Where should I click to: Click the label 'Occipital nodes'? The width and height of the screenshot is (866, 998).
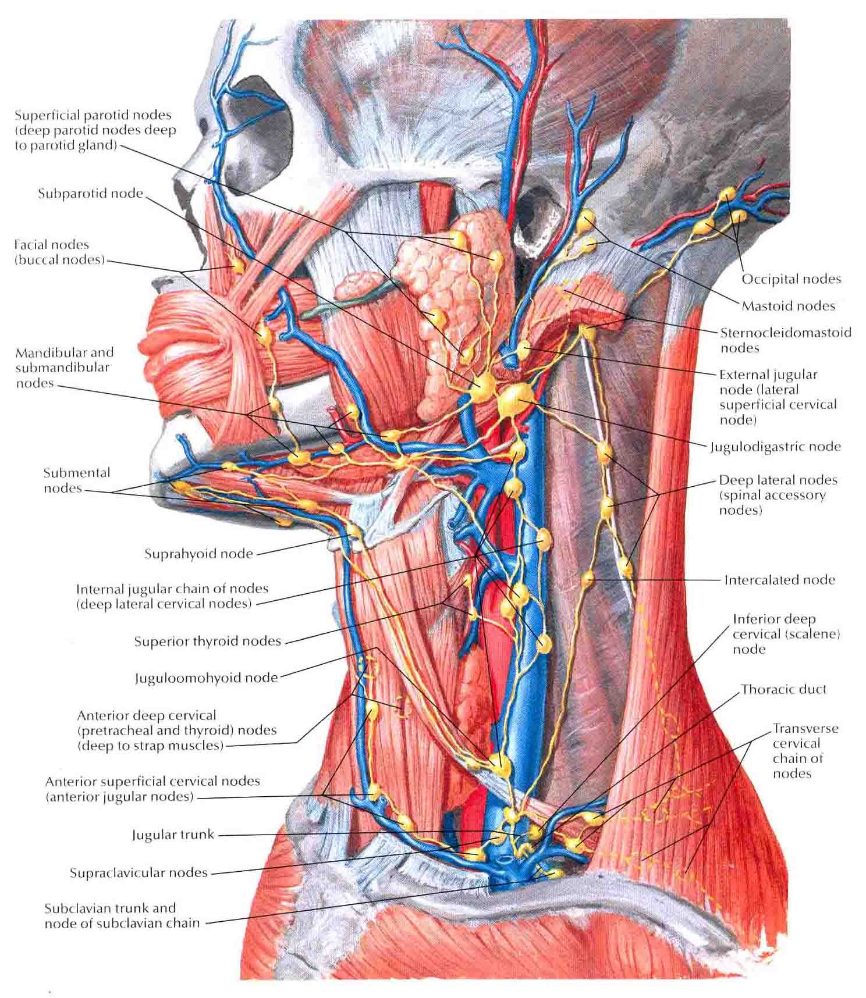(x=791, y=279)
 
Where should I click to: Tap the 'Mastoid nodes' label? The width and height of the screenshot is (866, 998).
(x=788, y=306)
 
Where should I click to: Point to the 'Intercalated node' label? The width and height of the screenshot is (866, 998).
(x=779, y=580)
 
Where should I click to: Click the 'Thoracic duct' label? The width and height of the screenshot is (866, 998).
(x=783, y=689)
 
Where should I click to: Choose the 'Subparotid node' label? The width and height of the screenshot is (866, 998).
(x=90, y=193)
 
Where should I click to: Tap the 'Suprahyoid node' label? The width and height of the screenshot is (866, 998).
(x=198, y=554)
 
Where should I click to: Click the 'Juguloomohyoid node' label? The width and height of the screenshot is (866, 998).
(x=206, y=678)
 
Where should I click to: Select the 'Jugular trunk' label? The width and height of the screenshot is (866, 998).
(x=173, y=835)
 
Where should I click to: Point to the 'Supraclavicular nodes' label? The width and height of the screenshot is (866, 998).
(x=139, y=873)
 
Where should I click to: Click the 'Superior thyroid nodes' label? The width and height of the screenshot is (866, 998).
(x=208, y=641)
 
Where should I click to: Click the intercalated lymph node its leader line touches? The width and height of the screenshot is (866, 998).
(x=588, y=579)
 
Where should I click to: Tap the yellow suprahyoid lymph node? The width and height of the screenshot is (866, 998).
(x=354, y=531)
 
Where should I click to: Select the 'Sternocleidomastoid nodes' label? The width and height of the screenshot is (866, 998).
(x=785, y=340)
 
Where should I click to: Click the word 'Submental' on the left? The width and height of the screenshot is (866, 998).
(x=76, y=473)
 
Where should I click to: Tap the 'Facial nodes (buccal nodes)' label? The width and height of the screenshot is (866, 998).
(x=60, y=252)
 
